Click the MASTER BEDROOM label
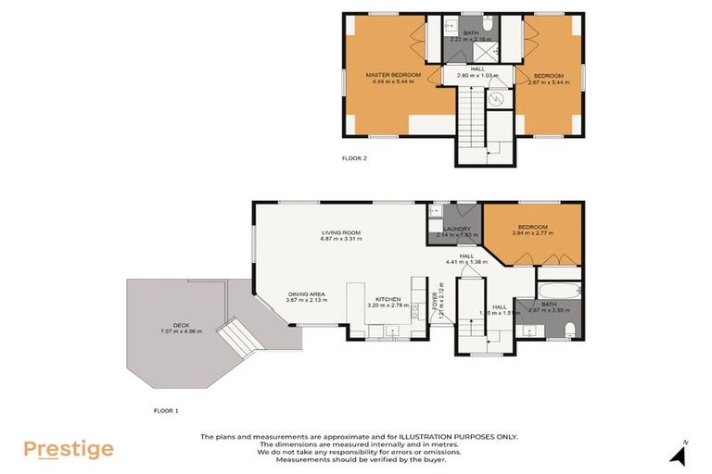coord(393,74)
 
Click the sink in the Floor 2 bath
coord(448,51)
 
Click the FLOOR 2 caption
coord(355,158)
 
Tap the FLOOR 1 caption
coord(165,408)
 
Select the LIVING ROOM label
coord(341,231)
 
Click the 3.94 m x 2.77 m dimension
coord(533,233)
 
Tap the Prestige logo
coord(69,450)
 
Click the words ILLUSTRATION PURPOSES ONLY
coord(460,436)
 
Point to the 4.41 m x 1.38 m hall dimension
coord(466,262)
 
